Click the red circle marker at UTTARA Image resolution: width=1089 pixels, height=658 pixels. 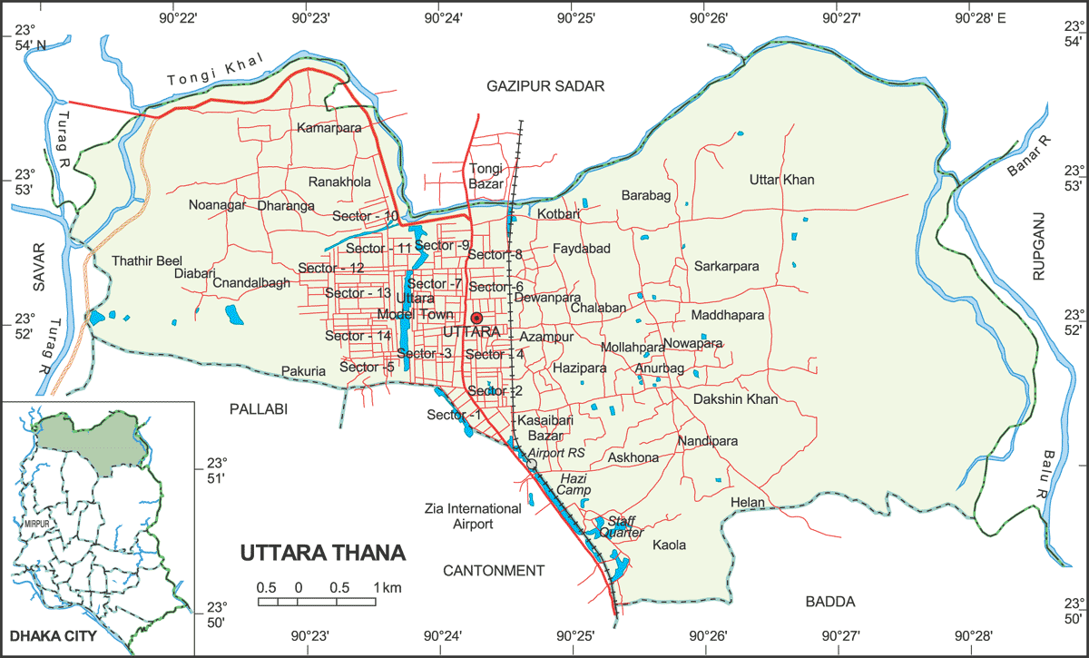click(x=476, y=319)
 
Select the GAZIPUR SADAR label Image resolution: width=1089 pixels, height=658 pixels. click(x=544, y=85)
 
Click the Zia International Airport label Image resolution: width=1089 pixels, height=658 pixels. click(x=474, y=516)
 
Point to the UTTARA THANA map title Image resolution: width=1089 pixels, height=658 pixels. click(x=323, y=553)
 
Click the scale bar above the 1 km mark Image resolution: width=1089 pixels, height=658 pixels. click(x=375, y=601)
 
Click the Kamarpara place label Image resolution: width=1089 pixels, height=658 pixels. click(x=329, y=129)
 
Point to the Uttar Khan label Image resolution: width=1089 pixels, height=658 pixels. click(x=781, y=180)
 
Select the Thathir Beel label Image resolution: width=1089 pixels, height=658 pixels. click(x=147, y=260)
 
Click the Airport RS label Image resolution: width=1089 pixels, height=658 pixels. click(x=558, y=452)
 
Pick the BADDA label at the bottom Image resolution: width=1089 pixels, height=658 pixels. click(x=830, y=601)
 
